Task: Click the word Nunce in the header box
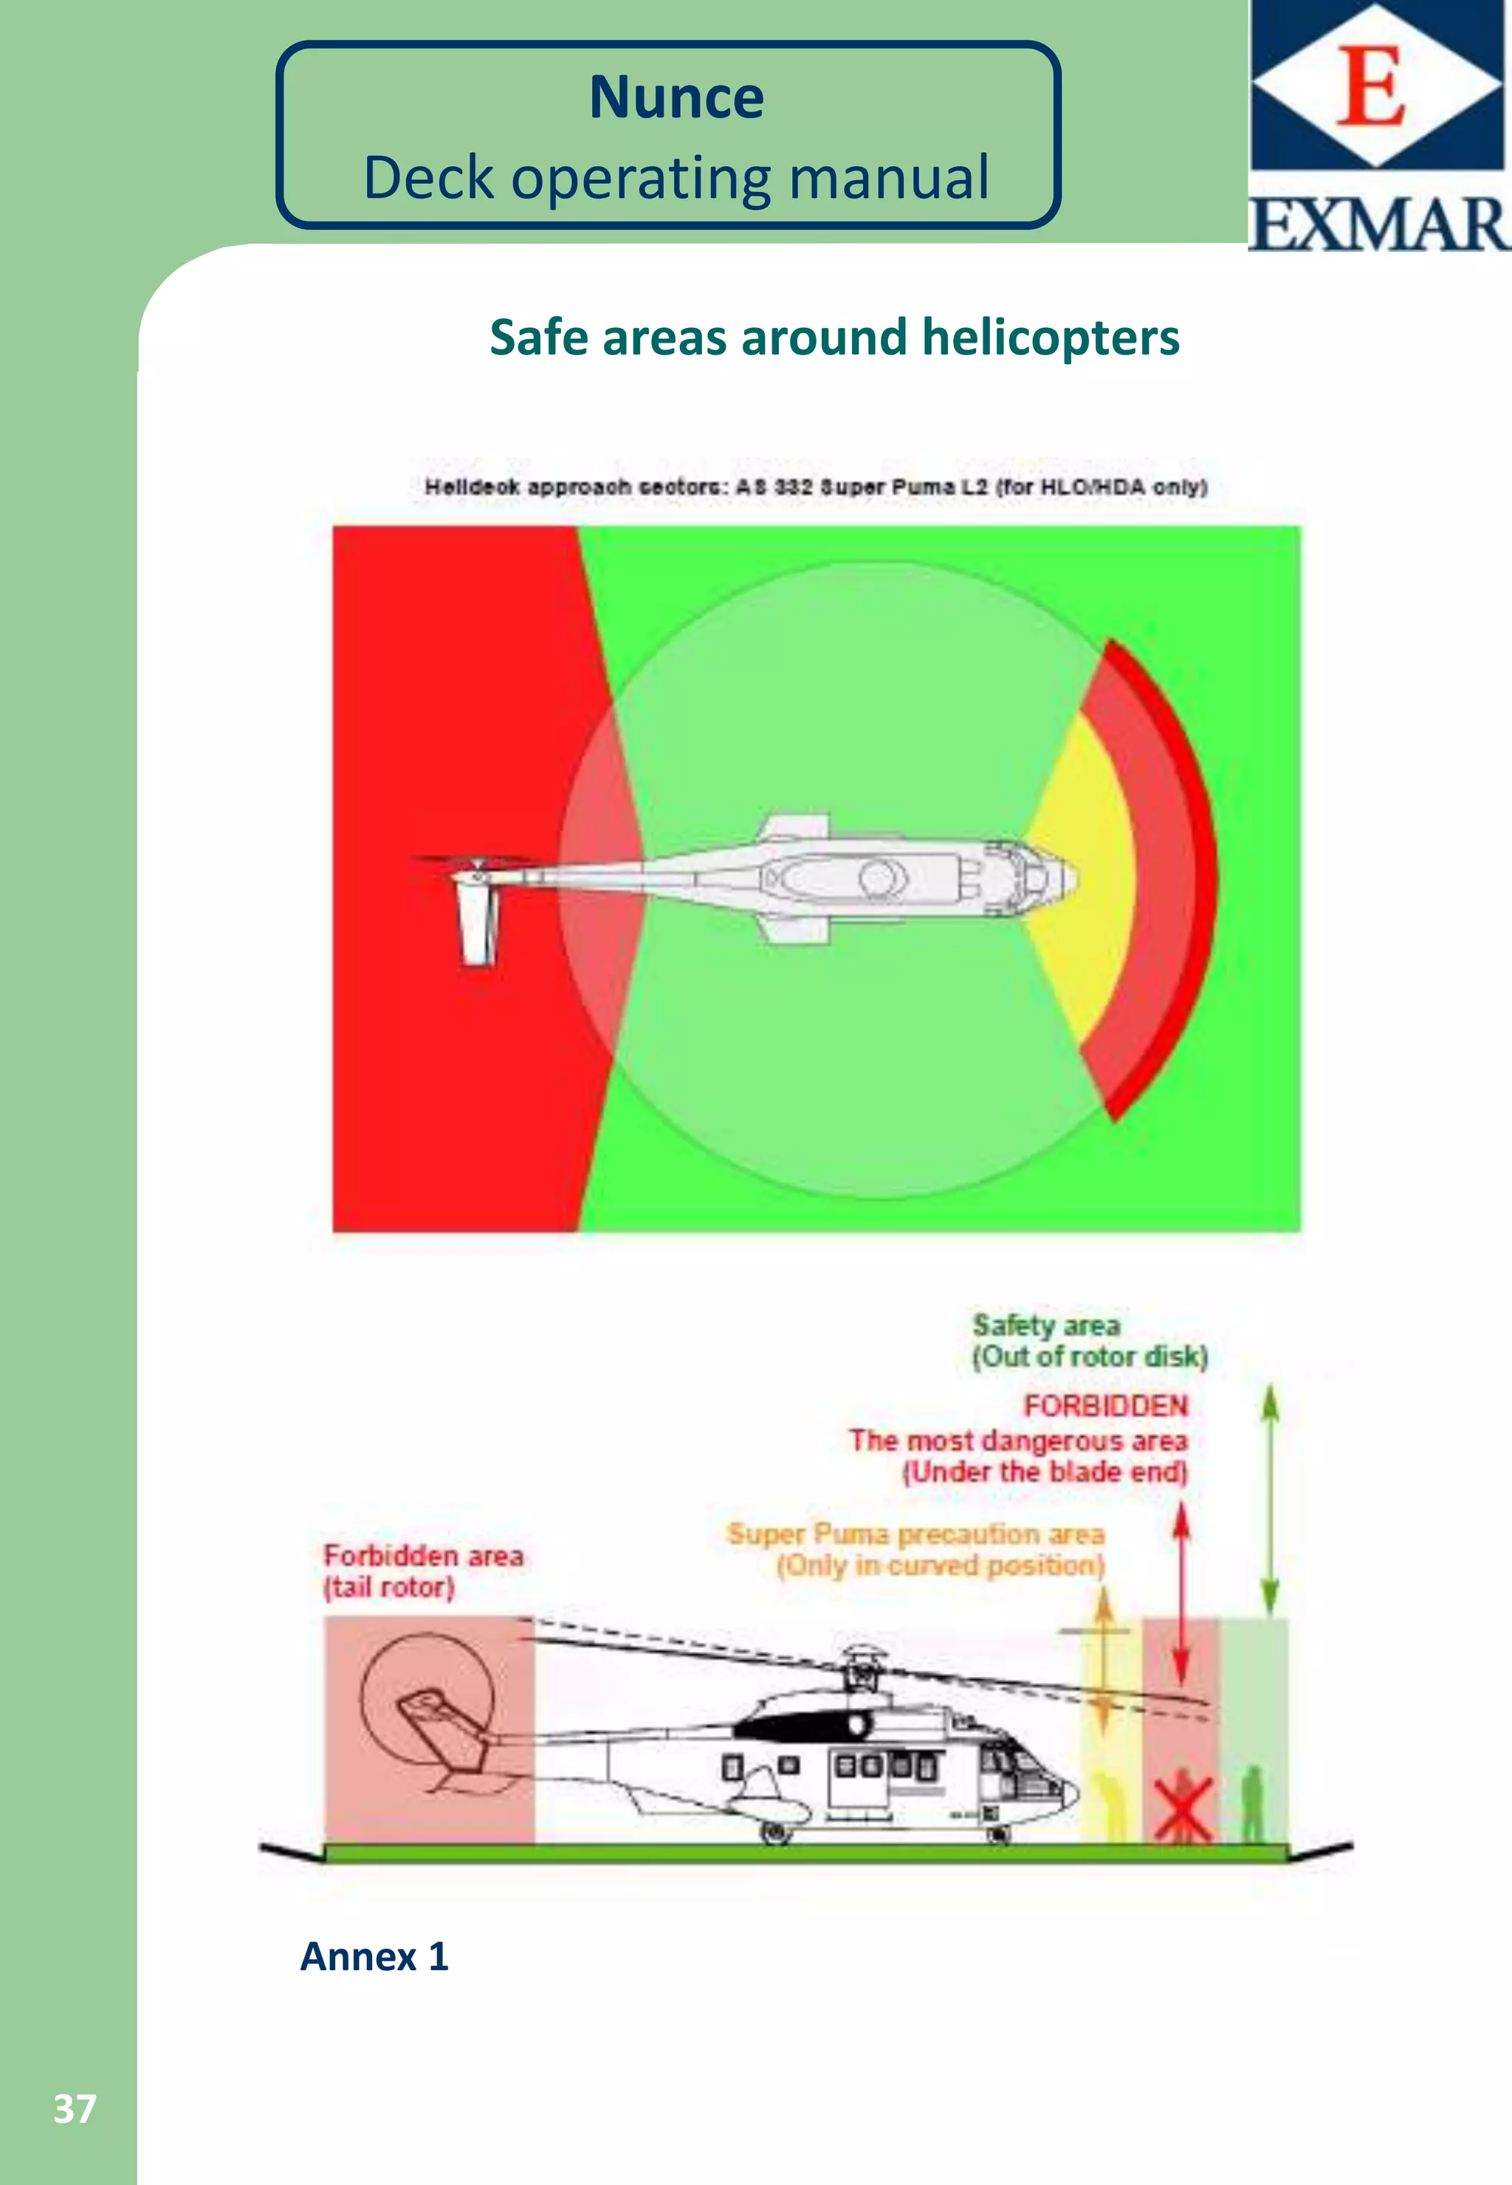pos(676,97)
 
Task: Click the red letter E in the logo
pos(1370,87)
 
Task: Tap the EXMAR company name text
pos(1378,224)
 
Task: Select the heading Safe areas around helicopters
pos(834,337)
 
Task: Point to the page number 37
pos(75,2109)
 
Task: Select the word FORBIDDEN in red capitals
pos(1104,1406)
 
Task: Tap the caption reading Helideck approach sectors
pos(816,487)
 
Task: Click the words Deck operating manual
pos(676,178)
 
